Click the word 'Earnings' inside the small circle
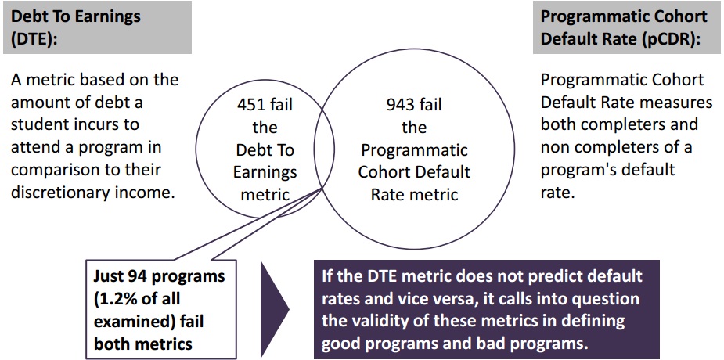[x=265, y=172]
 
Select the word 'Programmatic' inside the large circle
[x=414, y=150]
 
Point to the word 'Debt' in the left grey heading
[x=27, y=16]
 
